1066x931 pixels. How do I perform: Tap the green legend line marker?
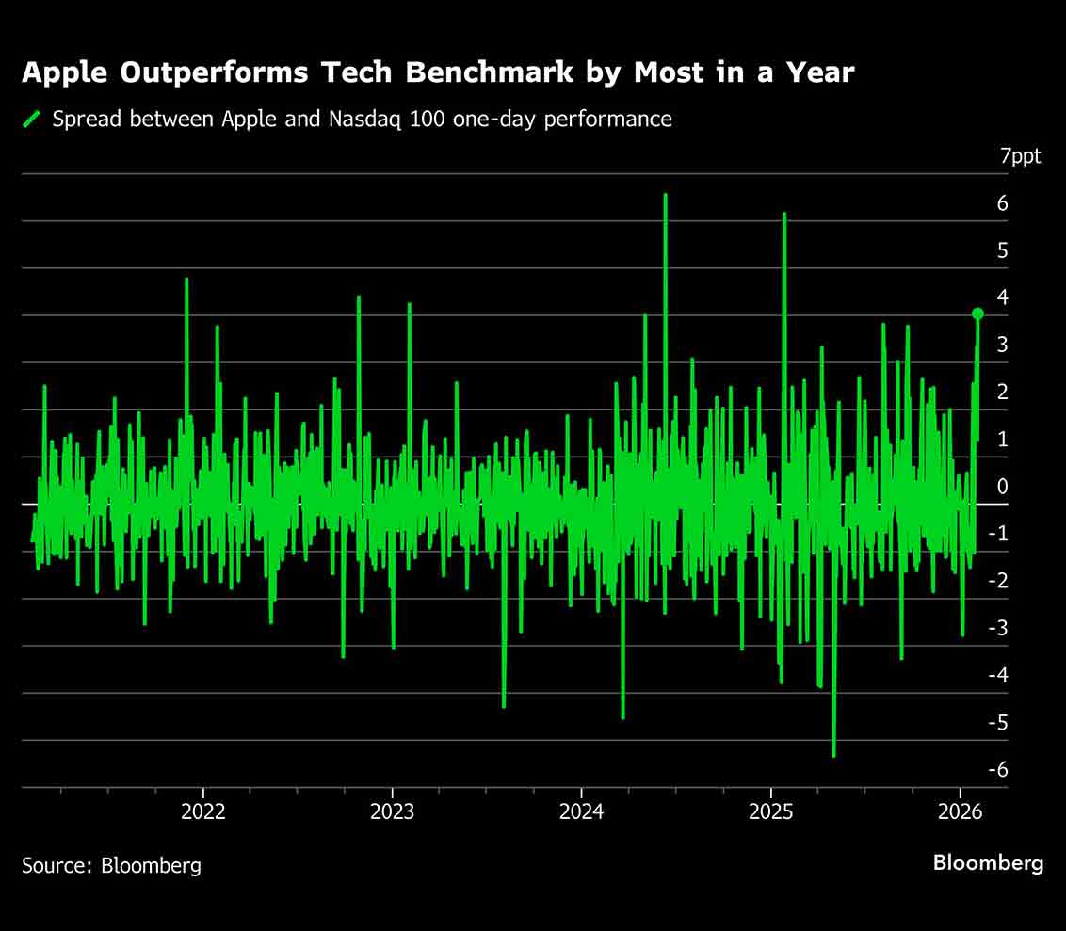pyautogui.click(x=33, y=120)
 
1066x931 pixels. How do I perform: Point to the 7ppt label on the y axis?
pyautogui.click(x=1021, y=156)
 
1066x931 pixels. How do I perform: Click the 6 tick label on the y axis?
pyautogui.click(x=1003, y=203)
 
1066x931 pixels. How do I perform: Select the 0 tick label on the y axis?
pyautogui.click(x=1003, y=487)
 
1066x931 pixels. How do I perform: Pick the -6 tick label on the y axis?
pyautogui.click(x=999, y=770)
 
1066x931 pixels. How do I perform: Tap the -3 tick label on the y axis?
pyautogui.click(x=999, y=628)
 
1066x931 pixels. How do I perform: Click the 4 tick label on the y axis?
pyautogui.click(x=1003, y=297)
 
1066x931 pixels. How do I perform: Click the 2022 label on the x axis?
pyautogui.click(x=203, y=812)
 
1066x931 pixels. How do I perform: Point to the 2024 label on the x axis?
pyautogui.click(x=582, y=812)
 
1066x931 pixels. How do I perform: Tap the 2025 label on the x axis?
pyautogui.click(x=771, y=812)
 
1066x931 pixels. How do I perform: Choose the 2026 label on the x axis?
pyautogui.click(x=961, y=812)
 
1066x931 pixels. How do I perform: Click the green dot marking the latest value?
pyautogui.click(x=977, y=313)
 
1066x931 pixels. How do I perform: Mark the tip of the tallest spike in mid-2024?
pyautogui.click(x=665, y=195)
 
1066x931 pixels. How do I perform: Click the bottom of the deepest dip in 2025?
pyautogui.click(x=833, y=755)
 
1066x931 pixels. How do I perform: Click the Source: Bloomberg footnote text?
pyautogui.click(x=111, y=865)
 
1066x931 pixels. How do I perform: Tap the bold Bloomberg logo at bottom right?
pyautogui.click(x=988, y=863)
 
